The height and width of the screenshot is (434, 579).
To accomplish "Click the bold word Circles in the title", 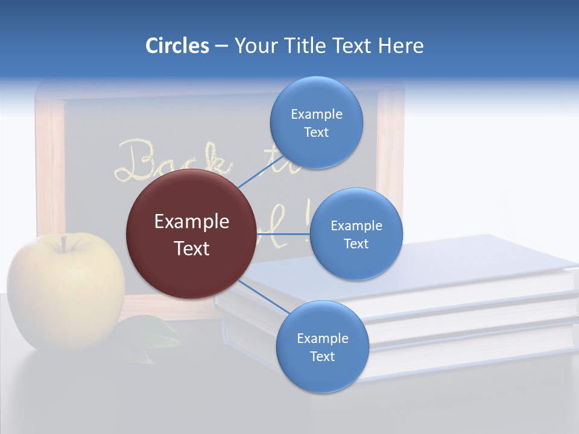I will coord(177,46).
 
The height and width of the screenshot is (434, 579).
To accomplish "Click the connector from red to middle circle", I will coord(282,234).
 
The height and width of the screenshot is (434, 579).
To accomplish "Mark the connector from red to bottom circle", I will coord(263,296).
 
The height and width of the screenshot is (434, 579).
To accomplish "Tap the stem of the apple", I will coord(63,244).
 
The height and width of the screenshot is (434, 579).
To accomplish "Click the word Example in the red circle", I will coord(192,222).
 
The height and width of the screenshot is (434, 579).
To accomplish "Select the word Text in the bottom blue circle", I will coord(322,356).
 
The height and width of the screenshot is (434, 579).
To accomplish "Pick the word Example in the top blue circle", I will coord(316,114).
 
